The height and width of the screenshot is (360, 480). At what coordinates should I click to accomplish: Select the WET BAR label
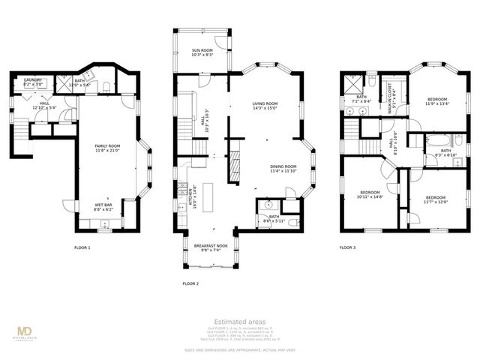click(x=103, y=208)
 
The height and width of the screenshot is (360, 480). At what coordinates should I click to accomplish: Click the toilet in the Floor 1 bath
click(x=105, y=85)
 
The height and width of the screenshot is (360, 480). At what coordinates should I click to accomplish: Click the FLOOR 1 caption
click(x=82, y=247)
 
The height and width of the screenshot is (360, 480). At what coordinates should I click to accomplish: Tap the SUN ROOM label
click(x=202, y=52)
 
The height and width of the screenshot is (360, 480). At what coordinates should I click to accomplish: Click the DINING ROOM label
click(x=283, y=169)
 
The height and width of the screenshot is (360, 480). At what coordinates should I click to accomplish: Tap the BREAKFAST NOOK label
click(x=206, y=248)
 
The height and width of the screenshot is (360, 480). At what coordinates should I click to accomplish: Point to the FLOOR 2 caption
click(x=190, y=283)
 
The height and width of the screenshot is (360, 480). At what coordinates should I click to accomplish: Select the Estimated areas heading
click(x=239, y=322)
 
